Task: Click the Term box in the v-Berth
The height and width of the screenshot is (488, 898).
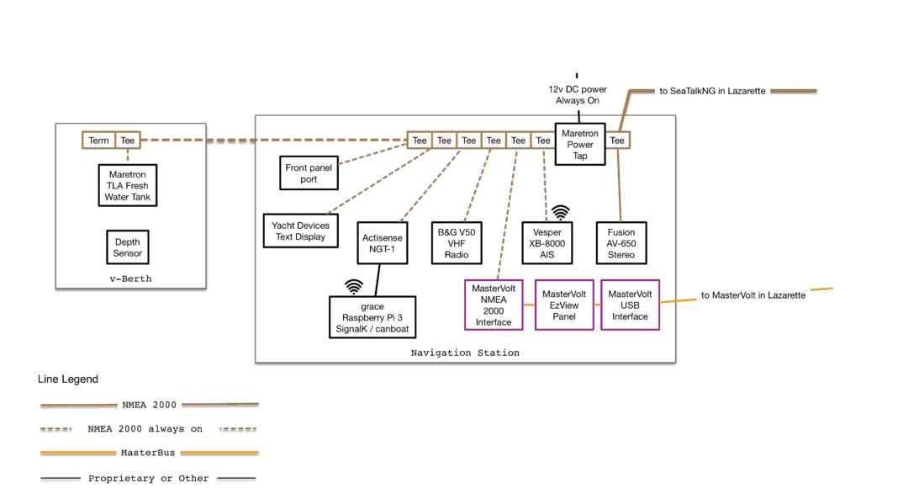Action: tap(99, 141)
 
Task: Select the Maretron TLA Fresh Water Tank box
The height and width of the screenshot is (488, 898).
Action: tap(128, 186)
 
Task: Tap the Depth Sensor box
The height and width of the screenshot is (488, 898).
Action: tap(128, 247)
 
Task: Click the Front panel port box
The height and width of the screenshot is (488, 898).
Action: tap(309, 173)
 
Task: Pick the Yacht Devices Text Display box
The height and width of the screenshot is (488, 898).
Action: tap(301, 231)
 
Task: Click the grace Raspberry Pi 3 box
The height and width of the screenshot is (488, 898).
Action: tap(372, 317)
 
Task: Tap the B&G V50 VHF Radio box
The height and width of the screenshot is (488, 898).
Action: tap(457, 243)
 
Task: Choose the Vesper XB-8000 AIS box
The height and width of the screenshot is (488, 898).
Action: tap(547, 243)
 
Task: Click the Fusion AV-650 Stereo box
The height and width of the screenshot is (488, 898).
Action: tap(621, 243)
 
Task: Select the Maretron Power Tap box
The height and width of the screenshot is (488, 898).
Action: tap(580, 144)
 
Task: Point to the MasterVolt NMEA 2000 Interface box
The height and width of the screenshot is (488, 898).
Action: tap(494, 305)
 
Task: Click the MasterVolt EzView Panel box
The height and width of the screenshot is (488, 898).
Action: tap(564, 305)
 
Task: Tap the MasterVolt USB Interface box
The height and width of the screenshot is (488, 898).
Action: tap(630, 305)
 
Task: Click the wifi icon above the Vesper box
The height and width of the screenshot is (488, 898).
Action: tap(561, 212)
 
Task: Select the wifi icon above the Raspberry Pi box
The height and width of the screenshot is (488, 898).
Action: tap(354, 286)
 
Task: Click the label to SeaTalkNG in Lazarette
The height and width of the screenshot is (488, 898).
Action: tap(712, 91)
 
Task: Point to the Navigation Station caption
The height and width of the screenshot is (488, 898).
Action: tap(465, 353)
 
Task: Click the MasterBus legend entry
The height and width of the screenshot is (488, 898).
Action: tap(148, 453)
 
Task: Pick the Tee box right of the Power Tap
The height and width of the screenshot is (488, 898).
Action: tap(617, 141)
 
